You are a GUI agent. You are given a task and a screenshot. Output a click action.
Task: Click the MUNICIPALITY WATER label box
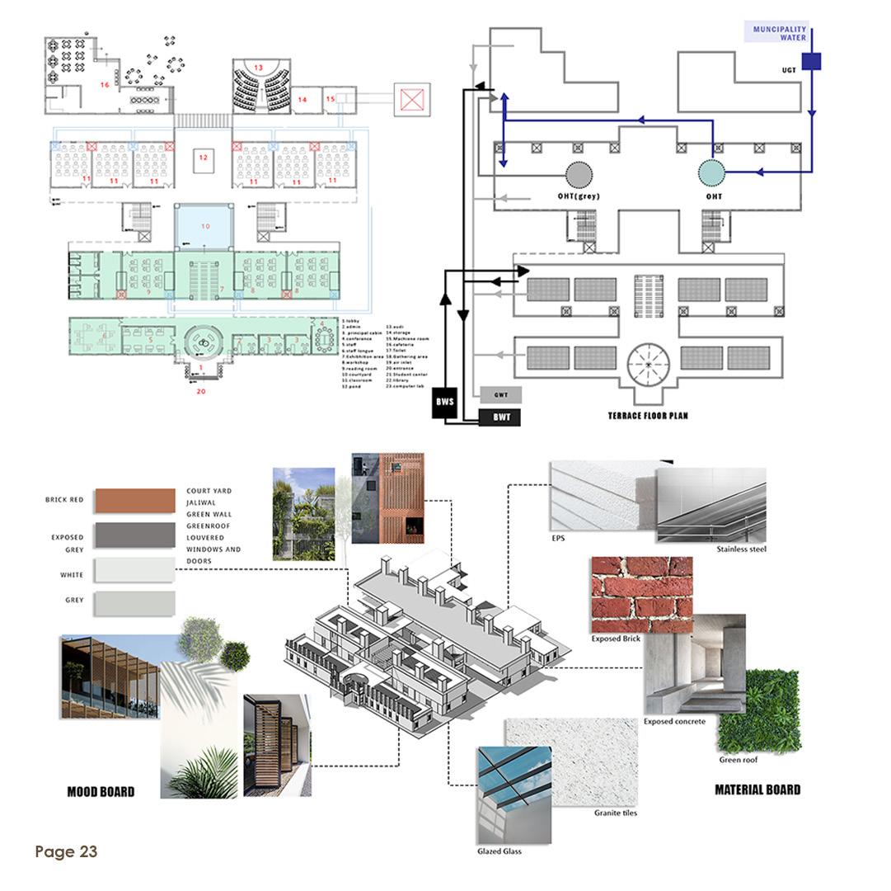pyautogui.click(x=780, y=33)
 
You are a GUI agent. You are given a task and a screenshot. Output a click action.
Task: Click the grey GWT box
pyautogui.click(x=500, y=394)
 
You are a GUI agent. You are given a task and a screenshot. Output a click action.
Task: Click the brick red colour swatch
pyautogui.click(x=135, y=501)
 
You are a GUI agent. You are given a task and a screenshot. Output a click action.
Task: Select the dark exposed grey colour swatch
pyautogui.click(x=135, y=535)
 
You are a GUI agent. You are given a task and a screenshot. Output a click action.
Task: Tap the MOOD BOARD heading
pyautogui.click(x=101, y=791)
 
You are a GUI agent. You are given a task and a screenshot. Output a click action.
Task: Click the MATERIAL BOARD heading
pyautogui.click(x=757, y=790)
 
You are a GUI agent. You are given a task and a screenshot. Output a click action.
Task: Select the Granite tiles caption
pyautogui.click(x=616, y=813)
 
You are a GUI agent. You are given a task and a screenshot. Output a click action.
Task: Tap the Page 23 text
pyautogui.click(x=66, y=851)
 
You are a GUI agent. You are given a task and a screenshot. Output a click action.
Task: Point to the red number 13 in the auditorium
pyautogui.click(x=258, y=67)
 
